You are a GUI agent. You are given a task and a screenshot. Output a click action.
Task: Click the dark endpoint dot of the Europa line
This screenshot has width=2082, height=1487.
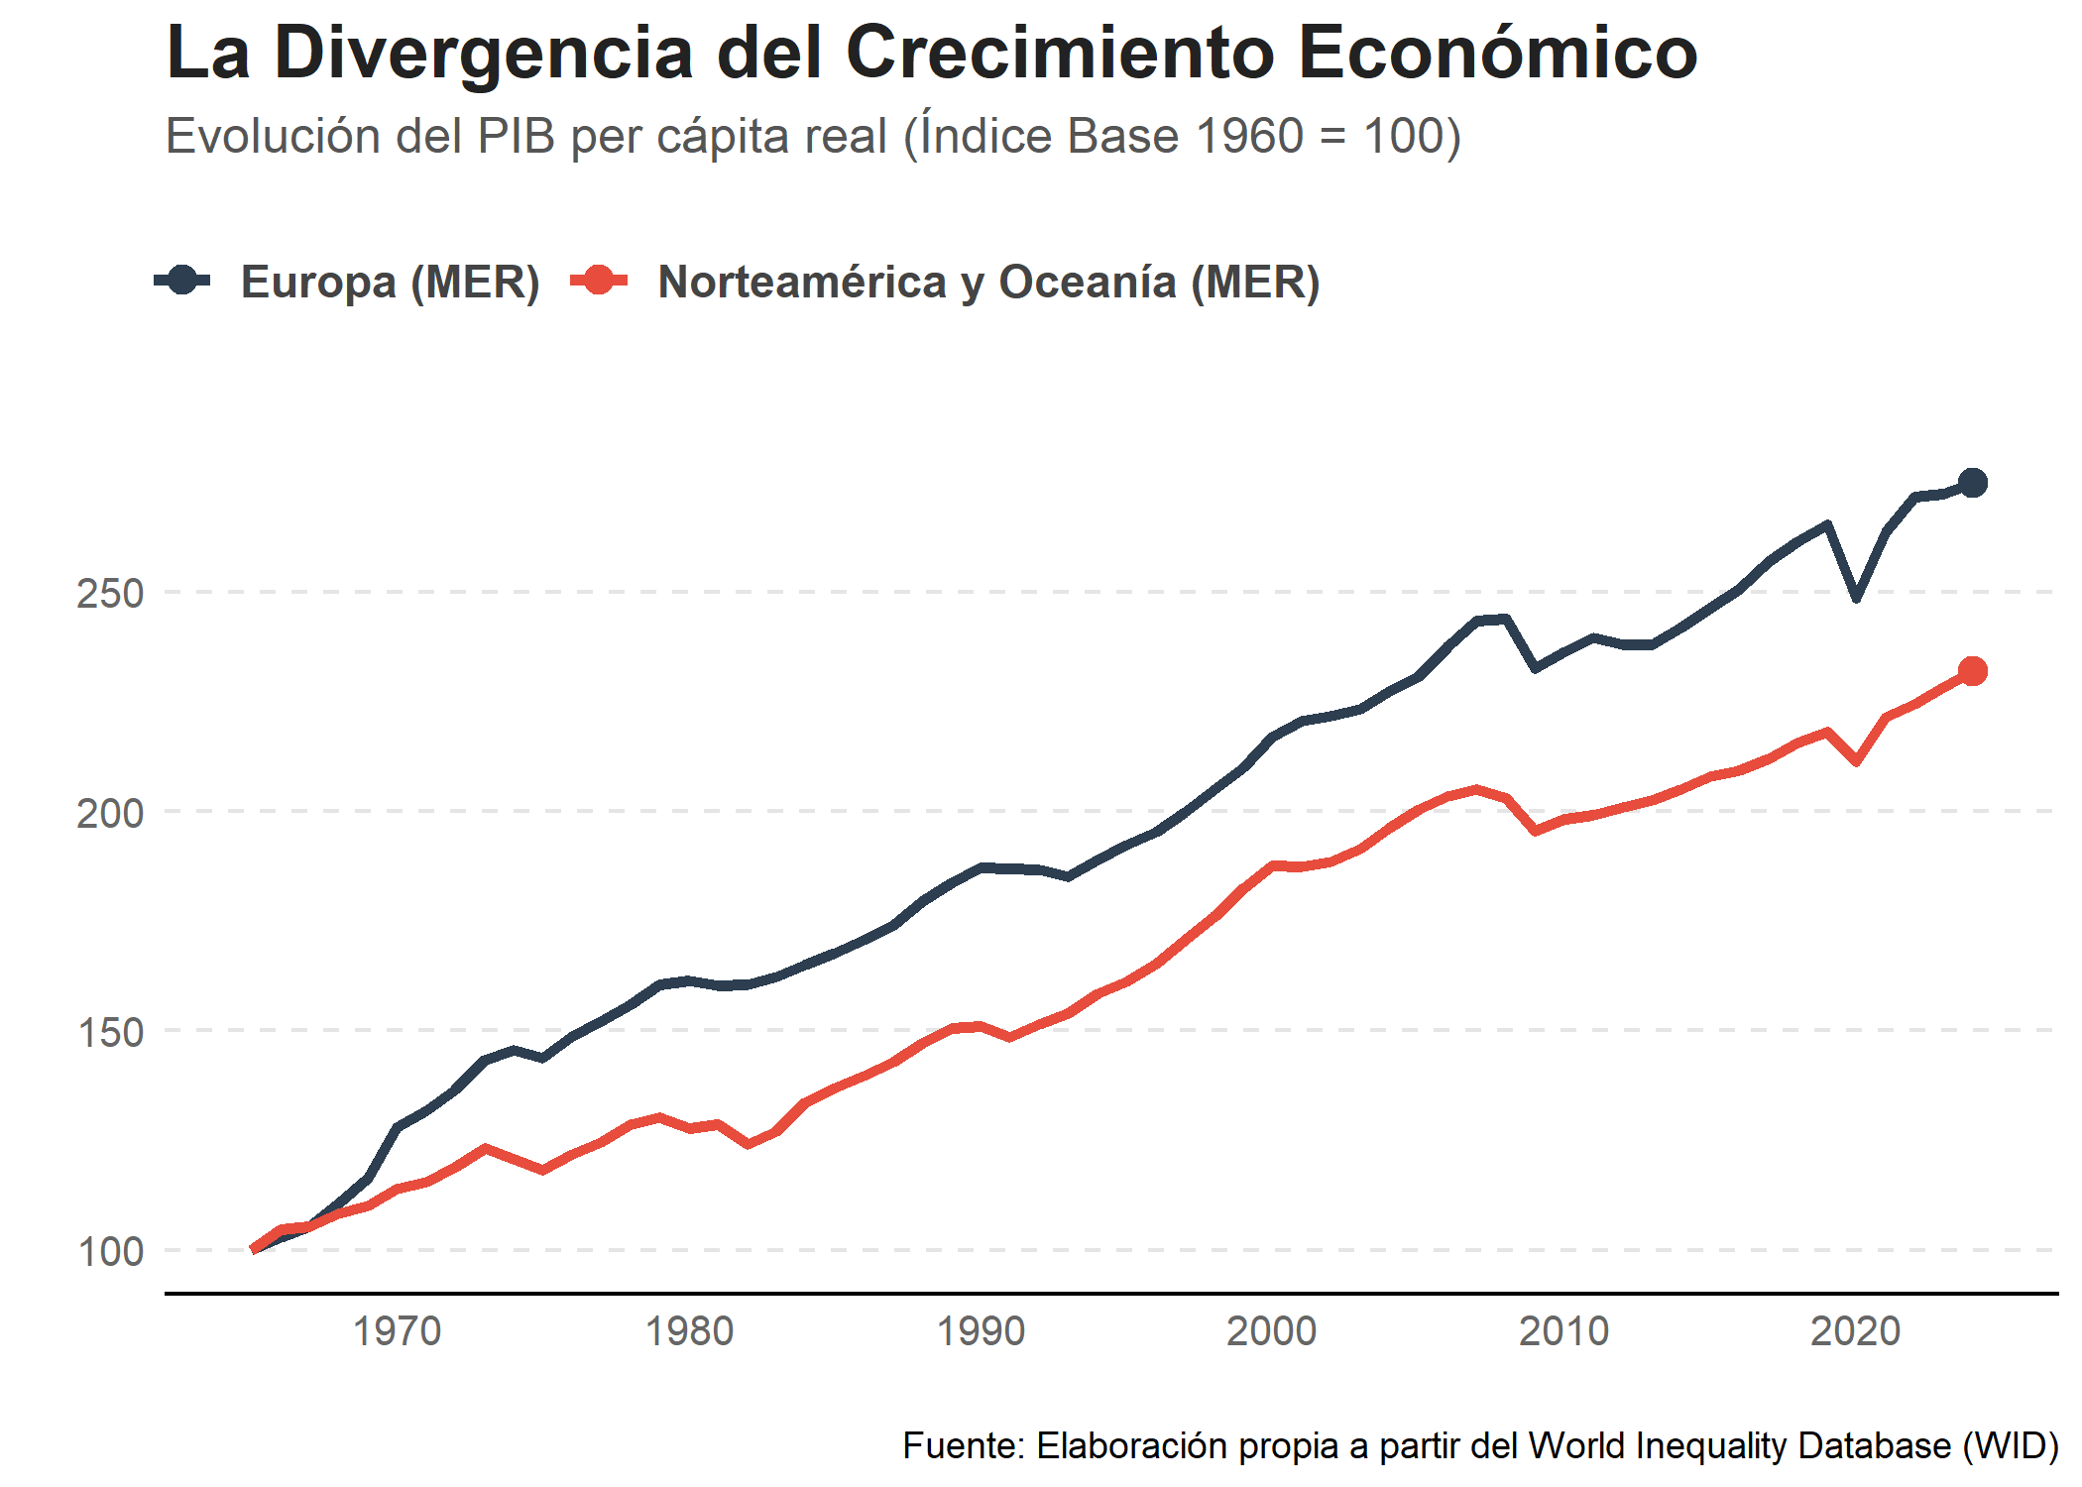click(1972, 483)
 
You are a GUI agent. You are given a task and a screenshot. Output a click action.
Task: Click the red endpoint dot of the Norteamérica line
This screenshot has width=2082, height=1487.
click(1972, 671)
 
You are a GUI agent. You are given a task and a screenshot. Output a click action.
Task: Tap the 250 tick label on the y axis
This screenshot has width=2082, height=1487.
click(110, 594)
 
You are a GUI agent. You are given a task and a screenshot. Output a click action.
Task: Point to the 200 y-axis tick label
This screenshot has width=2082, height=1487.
click(110, 813)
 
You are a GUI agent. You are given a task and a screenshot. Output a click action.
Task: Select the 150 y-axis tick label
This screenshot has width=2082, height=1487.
click(110, 1033)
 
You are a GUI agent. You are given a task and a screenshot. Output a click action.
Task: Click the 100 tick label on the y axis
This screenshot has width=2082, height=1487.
click(110, 1252)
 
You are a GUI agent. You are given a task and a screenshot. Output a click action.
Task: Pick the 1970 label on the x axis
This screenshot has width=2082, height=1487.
click(397, 1331)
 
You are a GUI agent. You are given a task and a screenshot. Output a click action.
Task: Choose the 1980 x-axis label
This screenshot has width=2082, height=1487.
click(689, 1331)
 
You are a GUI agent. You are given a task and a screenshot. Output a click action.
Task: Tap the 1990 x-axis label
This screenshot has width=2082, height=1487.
click(981, 1331)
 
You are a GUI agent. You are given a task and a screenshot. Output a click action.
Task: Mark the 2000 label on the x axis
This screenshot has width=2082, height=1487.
click(1272, 1331)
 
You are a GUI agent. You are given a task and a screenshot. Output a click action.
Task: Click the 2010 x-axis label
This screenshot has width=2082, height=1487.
click(1563, 1331)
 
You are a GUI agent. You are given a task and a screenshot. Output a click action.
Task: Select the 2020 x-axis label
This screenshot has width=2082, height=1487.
click(1855, 1331)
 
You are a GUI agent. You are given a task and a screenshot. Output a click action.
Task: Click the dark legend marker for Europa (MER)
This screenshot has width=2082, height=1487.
click(182, 281)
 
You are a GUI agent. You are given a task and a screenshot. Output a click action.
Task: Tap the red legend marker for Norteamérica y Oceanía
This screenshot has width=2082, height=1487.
click(599, 281)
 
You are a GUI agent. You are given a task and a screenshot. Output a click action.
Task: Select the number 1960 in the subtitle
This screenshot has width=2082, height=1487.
click(1249, 136)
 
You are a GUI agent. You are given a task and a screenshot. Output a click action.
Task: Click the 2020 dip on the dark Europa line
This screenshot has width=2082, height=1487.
click(1856, 598)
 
